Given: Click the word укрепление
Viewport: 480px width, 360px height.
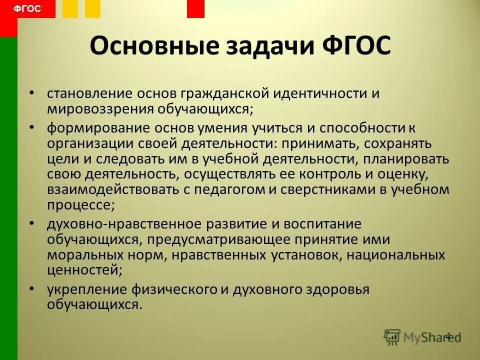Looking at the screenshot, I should [x=82, y=289].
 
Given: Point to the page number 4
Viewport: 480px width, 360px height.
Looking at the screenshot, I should [x=447, y=335].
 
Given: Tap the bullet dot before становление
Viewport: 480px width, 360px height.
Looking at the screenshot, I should [x=32, y=93].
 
